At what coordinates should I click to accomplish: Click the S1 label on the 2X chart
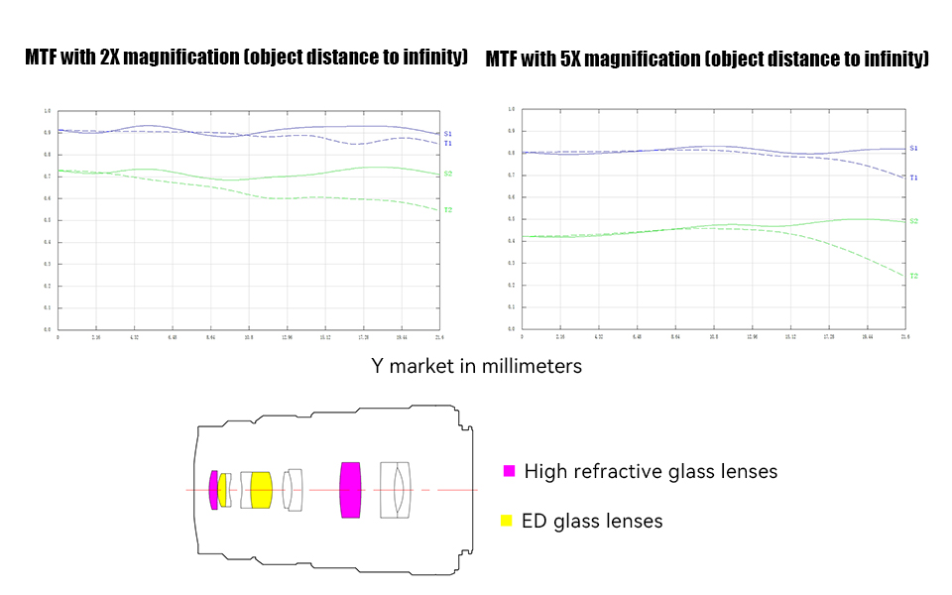pyautogui.click(x=448, y=133)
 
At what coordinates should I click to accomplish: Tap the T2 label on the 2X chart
pyautogui.click(x=448, y=210)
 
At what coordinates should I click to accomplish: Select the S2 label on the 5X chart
pyautogui.click(x=913, y=221)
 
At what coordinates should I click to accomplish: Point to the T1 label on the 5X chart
pyautogui.click(x=913, y=178)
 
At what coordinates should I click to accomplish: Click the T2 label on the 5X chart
pyautogui.click(x=913, y=276)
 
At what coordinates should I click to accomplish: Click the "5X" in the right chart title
pyautogui.click(x=572, y=59)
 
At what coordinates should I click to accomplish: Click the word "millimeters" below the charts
pyautogui.click(x=532, y=366)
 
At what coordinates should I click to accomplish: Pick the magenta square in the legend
pyautogui.click(x=509, y=471)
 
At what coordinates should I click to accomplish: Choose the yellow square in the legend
pyautogui.click(x=507, y=521)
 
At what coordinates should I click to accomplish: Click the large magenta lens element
pyautogui.click(x=350, y=490)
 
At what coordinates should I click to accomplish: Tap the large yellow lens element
pyautogui.click(x=261, y=490)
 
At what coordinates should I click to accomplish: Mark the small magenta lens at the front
pyautogui.click(x=213, y=490)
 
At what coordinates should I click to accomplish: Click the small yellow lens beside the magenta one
pyautogui.click(x=222, y=490)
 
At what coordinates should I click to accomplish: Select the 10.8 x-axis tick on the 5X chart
pyautogui.click(x=713, y=338)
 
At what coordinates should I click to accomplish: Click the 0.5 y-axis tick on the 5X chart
pyautogui.click(x=511, y=219)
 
